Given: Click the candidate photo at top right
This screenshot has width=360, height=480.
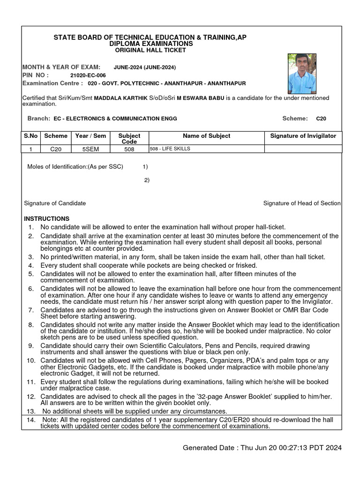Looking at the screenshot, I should [x=302, y=74].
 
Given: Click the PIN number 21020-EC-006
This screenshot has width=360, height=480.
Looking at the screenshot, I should [x=88, y=75].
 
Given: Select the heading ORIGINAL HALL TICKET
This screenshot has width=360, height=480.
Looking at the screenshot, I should [x=148, y=50].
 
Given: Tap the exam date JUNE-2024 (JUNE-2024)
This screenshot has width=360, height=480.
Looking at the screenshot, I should [x=145, y=67].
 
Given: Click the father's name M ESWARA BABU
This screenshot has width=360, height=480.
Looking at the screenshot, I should [x=201, y=98].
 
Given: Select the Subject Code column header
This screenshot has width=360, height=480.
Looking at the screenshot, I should [x=129, y=138].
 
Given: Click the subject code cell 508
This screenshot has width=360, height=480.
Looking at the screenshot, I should [x=129, y=149].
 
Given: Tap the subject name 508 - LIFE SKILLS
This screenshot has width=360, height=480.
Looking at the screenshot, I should [x=170, y=149].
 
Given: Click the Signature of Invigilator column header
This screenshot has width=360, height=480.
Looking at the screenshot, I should [x=303, y=136].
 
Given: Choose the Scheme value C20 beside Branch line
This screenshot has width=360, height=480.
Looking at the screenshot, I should [x=321, y=119].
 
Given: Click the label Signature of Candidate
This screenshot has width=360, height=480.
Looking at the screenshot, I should [x=55, y=203].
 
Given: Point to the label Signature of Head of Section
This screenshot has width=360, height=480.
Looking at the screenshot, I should [x=302, y=203].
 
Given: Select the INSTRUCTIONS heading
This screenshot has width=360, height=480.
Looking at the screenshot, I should [x=46, y=219].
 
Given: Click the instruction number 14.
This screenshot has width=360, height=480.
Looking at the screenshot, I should [x=31, y=420].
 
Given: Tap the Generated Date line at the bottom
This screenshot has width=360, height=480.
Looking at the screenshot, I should [x=262, y=448].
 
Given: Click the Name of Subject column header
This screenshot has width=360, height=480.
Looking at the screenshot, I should [x=206, y=136].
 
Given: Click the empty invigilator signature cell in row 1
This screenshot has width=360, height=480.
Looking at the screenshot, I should [x=303, y=149].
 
